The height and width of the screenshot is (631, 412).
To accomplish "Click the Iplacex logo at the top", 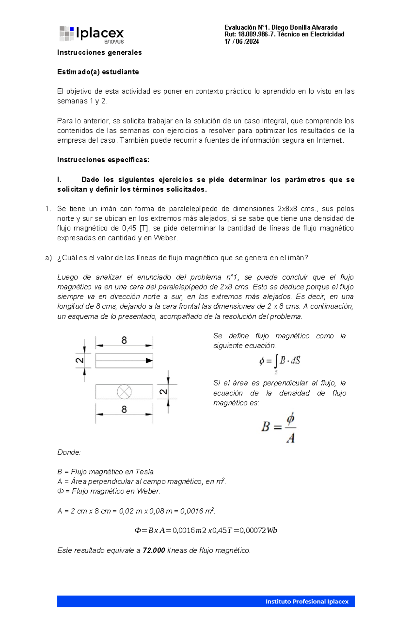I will pyautogui.click(x=91, y=34).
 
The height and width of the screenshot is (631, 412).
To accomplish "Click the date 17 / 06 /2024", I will pyautogui.click(x=241, y=42).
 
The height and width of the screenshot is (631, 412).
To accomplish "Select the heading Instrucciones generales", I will pyautogui.click(x=99, y=53).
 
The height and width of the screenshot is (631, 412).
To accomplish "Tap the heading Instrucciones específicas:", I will pyautogui.click(x=103, y=160).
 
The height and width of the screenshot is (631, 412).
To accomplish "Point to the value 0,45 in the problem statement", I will pyautogui.click(x=129, y=228).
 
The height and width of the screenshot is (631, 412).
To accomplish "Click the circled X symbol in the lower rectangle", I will pyautogui.click(x=124, y=392).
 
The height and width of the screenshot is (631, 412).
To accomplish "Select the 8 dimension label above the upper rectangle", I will pyautogui.click(x=124, y=340).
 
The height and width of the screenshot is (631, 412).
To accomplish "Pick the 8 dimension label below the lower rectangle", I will pyautogui.click(x=124, y=410).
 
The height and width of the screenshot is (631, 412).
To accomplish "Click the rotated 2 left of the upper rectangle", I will pyautogui.click(x=80, y=361).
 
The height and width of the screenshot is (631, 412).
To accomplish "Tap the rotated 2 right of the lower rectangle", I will pyautogui.click(x=163, y=392).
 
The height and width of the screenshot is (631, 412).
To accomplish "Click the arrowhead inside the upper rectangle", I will pyautogui.click(x=149, y=361).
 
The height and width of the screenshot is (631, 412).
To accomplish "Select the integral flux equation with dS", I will pyautogui.click(x=280, y=362).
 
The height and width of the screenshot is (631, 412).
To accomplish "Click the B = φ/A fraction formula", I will pyautogui.click(x=278, y=427).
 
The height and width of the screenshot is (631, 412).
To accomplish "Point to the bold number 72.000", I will pyautogui.click(x=154, y=551).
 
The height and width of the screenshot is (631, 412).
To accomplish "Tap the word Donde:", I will pyautogui.click(x=69, y=453).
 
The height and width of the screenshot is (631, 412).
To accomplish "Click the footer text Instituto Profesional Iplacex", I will pyautogui.click(x=307, y=601).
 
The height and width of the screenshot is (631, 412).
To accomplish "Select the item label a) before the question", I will pyautogui.click(x=48, y=258).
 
